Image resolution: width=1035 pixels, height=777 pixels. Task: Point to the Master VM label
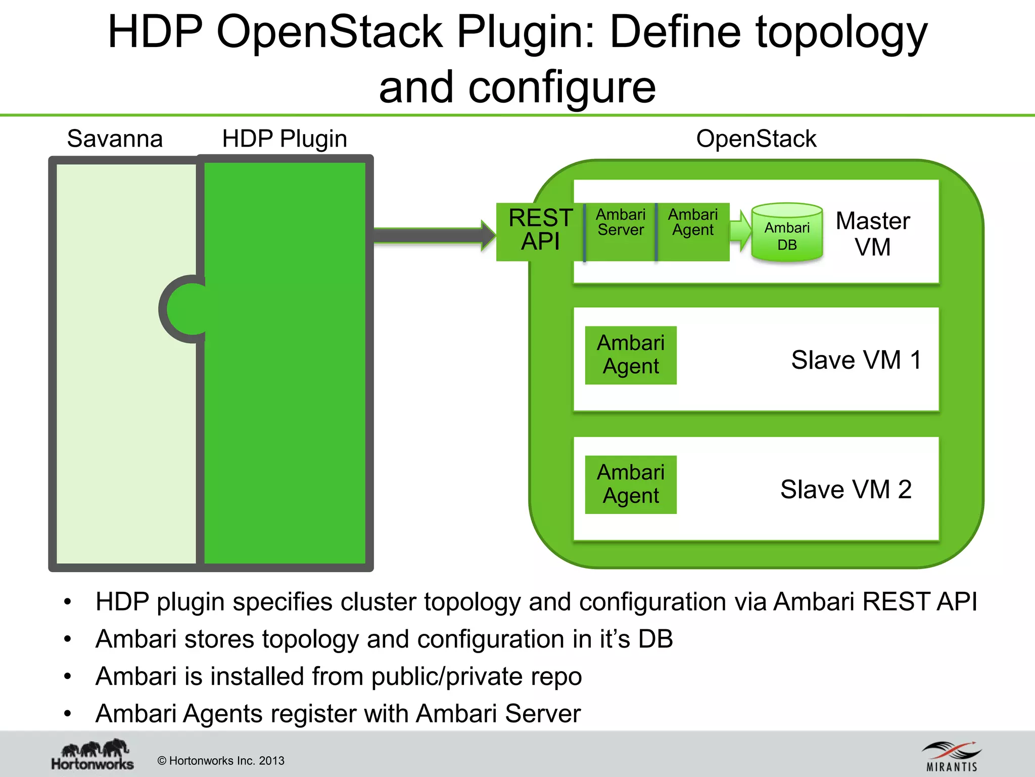click(873, 234)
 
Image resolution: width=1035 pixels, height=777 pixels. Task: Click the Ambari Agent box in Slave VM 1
click(630, 355)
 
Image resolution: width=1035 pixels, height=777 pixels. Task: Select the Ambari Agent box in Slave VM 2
click(630, 484)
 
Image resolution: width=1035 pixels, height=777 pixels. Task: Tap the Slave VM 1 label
click(856, 360)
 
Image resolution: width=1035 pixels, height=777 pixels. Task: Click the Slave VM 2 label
click(845, 490)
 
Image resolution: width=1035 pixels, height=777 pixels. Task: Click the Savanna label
click(115, 139)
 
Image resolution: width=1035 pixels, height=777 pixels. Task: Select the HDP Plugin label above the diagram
click(285, 139)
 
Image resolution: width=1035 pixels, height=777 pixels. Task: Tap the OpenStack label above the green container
click(756, 139)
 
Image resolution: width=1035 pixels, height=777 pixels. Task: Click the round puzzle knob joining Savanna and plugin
click(184, 309)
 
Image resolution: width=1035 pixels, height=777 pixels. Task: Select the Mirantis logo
click(952, 756)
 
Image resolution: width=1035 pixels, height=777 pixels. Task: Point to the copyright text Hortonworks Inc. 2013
click(221, 761)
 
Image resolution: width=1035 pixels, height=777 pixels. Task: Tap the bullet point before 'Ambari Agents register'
click(68, 714)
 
